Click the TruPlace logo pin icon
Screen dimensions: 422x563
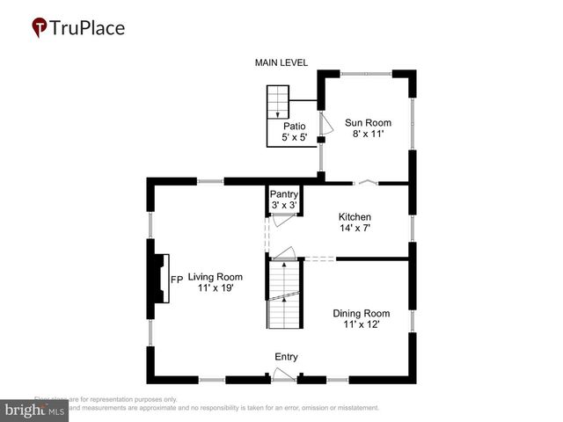[x=40, y=28]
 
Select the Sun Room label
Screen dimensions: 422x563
[x=368, y=123]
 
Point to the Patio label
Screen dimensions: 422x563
[x=294, y=127]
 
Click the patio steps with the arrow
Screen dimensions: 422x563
[x=279, y=102]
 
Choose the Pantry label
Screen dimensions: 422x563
[x=284, y=194]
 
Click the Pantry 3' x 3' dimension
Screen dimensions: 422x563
[x=284, y=206]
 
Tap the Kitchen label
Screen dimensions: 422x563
[x=355, y=217]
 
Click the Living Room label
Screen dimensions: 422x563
[x=216, y=277]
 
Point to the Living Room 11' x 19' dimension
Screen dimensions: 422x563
[x=216, y=289]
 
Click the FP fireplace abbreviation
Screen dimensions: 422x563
[x=176, y=280]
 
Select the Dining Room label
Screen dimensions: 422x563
[x=361, y=313]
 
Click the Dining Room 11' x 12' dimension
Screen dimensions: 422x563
[x=361, y=325]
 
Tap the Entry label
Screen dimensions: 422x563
[x=286, y=357]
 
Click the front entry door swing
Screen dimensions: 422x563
[x=283, y=376]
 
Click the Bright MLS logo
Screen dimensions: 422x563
[x=35, y=410]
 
